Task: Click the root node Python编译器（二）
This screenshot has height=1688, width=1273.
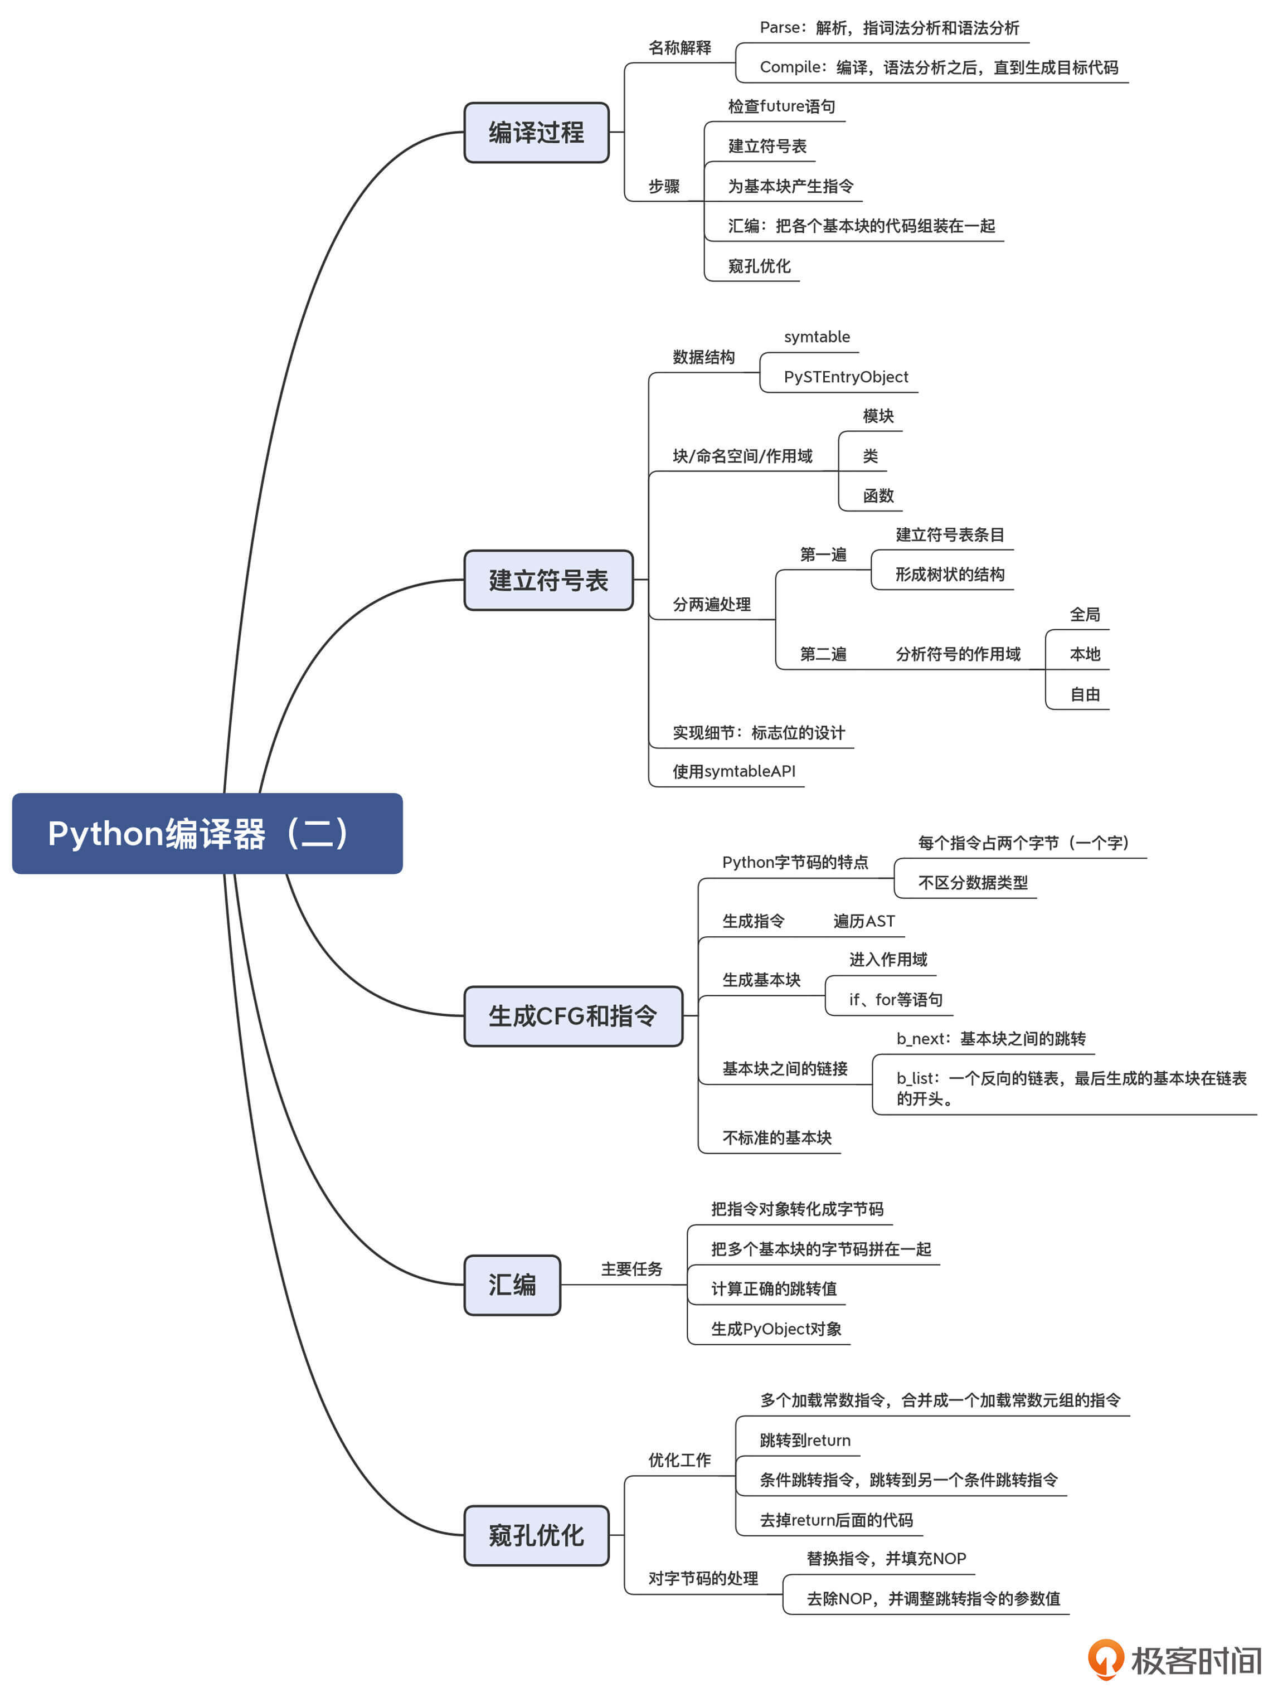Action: pos(207,833)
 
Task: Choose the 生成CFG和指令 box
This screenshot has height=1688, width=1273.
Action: pos(572,1016)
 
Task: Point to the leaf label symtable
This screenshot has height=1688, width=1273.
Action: pos(817,337)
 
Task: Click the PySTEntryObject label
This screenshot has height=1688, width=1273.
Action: pos(846,377)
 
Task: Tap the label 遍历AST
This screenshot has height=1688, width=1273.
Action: pos(863,922)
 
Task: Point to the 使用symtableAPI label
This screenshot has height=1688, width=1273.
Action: pos(733,771)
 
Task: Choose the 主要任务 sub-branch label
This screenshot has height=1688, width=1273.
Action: pos(631,1269)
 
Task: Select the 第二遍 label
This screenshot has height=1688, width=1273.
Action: pos(823,655)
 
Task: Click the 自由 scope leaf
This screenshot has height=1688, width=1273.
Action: pos(1085,694)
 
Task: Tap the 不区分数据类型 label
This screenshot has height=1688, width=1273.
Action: pos(972,883)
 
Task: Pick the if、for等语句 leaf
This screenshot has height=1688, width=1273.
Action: pos(895,1000)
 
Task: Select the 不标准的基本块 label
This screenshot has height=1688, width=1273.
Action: pos(777,1139)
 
